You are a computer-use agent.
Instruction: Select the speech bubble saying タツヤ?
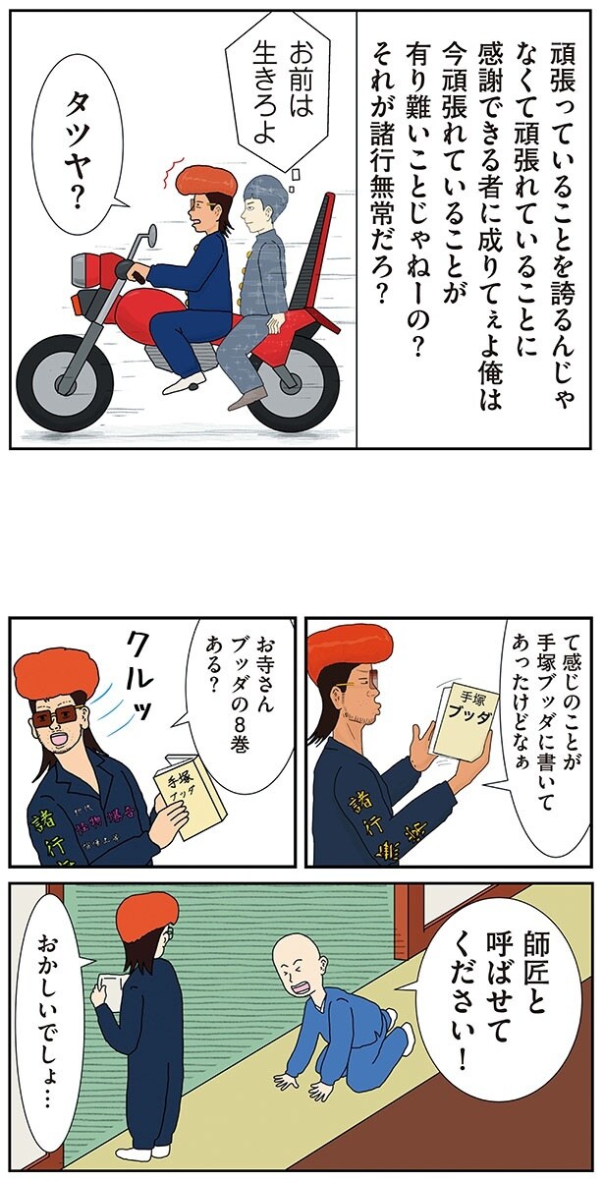[74, 147]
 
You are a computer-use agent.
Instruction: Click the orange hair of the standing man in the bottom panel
[146, 913]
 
